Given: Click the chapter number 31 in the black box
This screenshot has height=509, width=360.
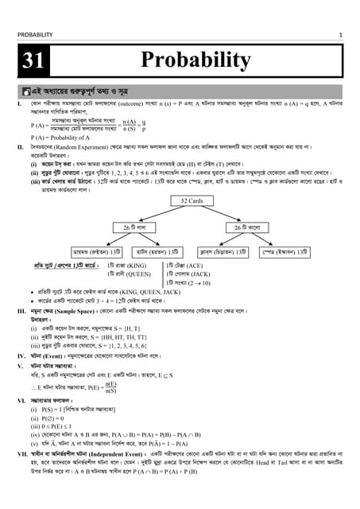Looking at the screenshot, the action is (x=36, y=60).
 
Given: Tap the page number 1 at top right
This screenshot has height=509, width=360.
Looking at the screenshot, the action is (x=340, y=35).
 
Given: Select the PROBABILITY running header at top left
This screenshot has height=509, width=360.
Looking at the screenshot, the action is (x=35, y=35).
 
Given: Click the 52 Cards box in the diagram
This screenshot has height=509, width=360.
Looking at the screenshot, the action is (x=194, y=201).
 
